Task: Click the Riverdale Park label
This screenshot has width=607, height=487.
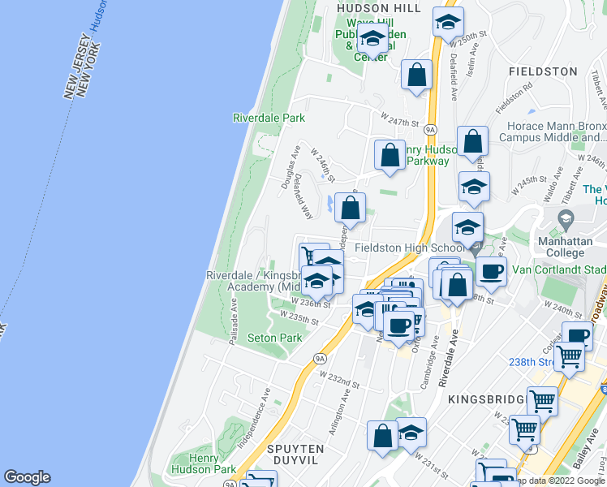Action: tap(269, 118)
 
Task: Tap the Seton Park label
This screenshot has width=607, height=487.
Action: tap(274, 338)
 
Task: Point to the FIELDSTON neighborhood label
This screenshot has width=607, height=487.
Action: tap(542, 71)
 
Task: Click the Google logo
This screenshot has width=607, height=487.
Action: tap(27, 477)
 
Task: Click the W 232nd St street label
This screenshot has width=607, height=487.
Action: tap(339, 379)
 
